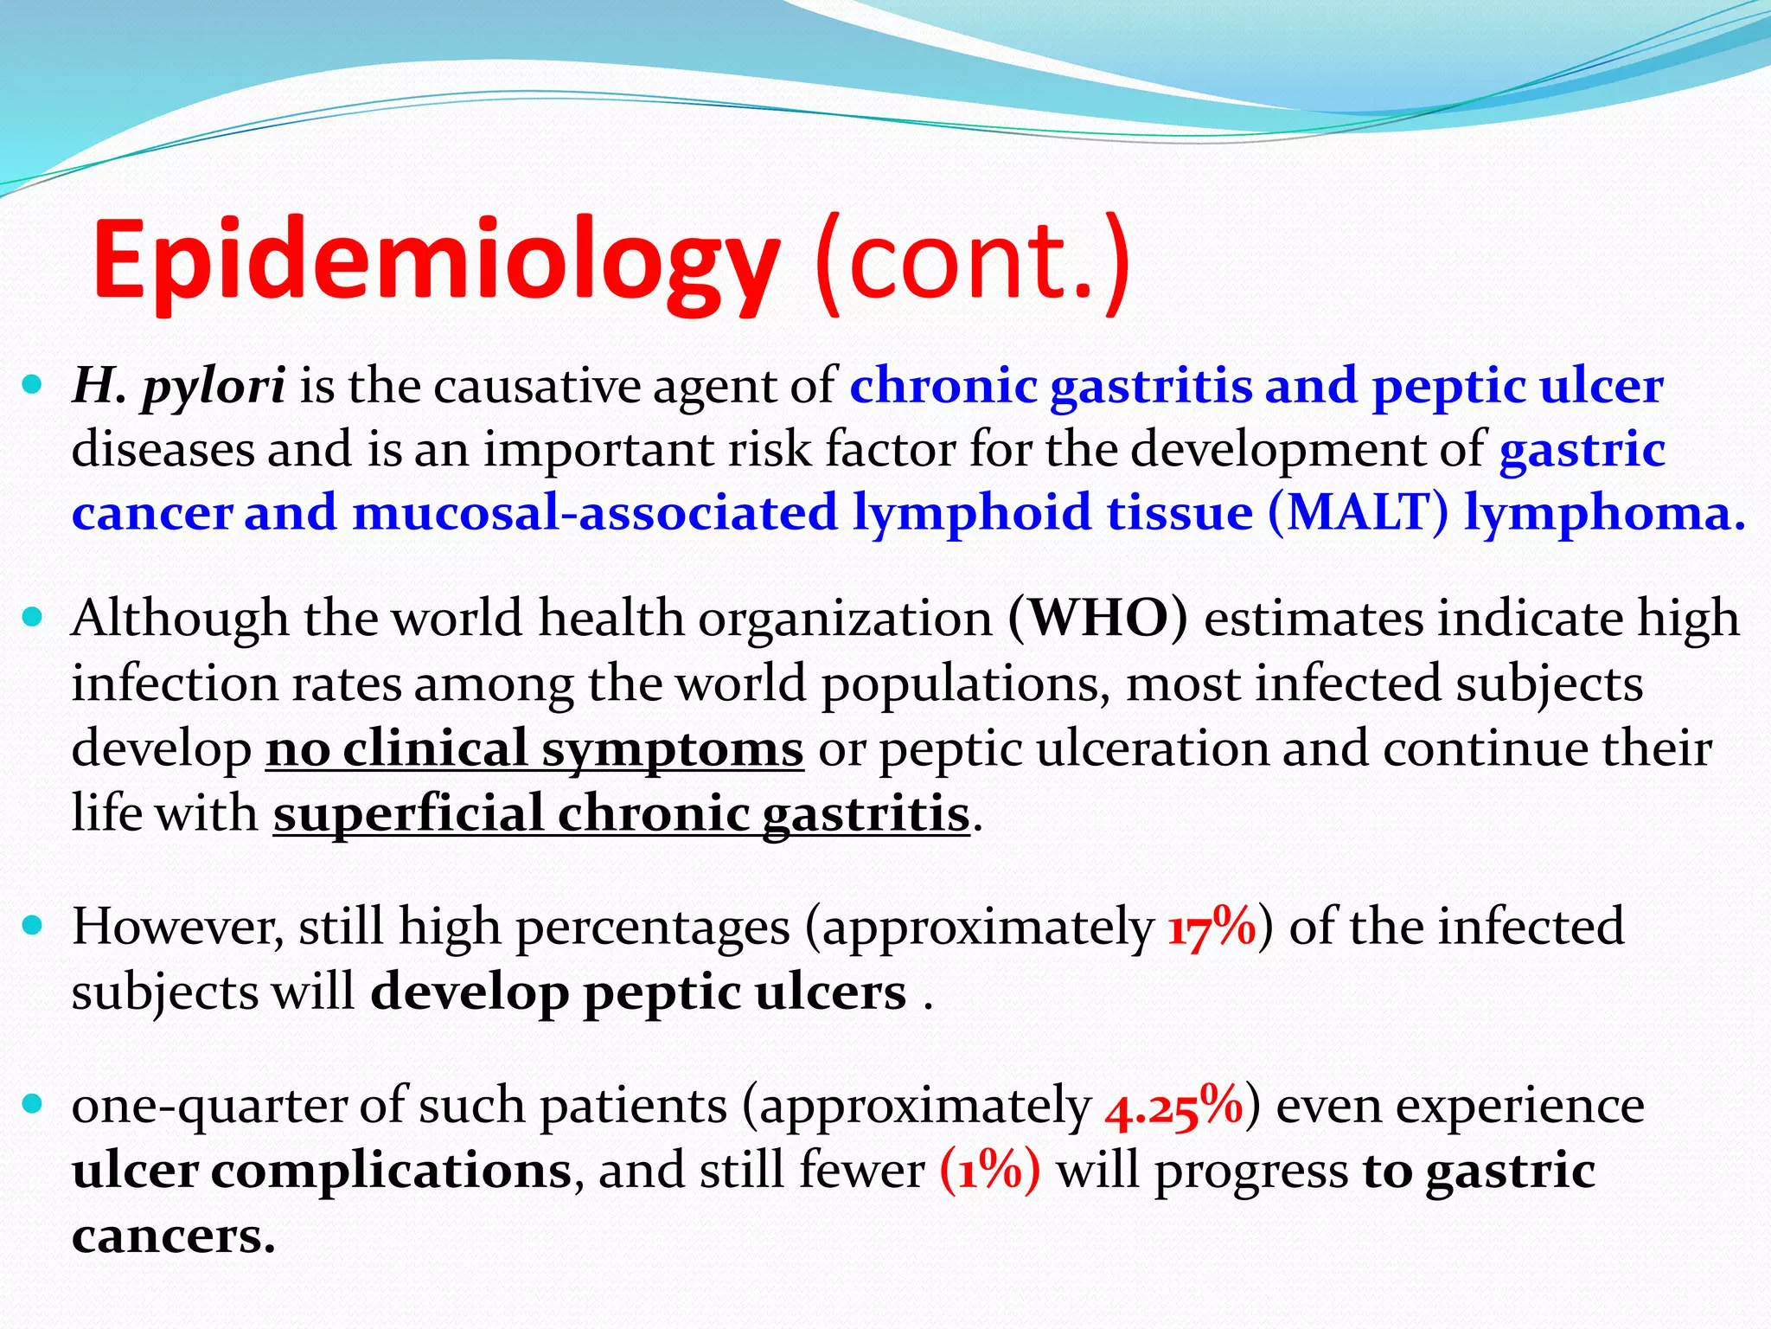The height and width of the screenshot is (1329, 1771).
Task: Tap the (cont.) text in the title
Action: [x=972, y=260]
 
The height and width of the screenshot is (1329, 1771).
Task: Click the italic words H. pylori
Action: [x=179, y=386]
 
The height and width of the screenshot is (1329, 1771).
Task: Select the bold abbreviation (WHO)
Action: [x=1097, y=619]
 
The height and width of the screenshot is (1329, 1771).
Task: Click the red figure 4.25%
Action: [x=1173, y=1107]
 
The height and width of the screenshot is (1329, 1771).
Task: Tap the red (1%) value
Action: [x=990, y=1171]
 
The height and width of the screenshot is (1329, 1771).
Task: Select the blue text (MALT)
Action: [x=1358, y=512]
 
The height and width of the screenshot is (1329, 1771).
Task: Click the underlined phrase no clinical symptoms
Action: [x=534, y=748]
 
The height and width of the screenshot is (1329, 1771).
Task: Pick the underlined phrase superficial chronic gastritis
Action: [x=622, y=813]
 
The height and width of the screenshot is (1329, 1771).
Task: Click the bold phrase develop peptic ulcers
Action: [x=638, y=992]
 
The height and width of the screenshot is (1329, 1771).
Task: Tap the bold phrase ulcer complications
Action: [x=322, y=1171]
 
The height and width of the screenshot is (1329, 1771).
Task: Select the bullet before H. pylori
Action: [x=32, y=384]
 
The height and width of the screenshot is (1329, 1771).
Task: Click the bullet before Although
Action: [x=32, y=618]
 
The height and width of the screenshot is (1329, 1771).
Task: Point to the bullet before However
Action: [x=32, y=926]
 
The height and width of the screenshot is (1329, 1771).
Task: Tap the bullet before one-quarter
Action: [x=32, y=1105]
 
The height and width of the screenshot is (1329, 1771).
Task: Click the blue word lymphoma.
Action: [x=1605, y=512]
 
